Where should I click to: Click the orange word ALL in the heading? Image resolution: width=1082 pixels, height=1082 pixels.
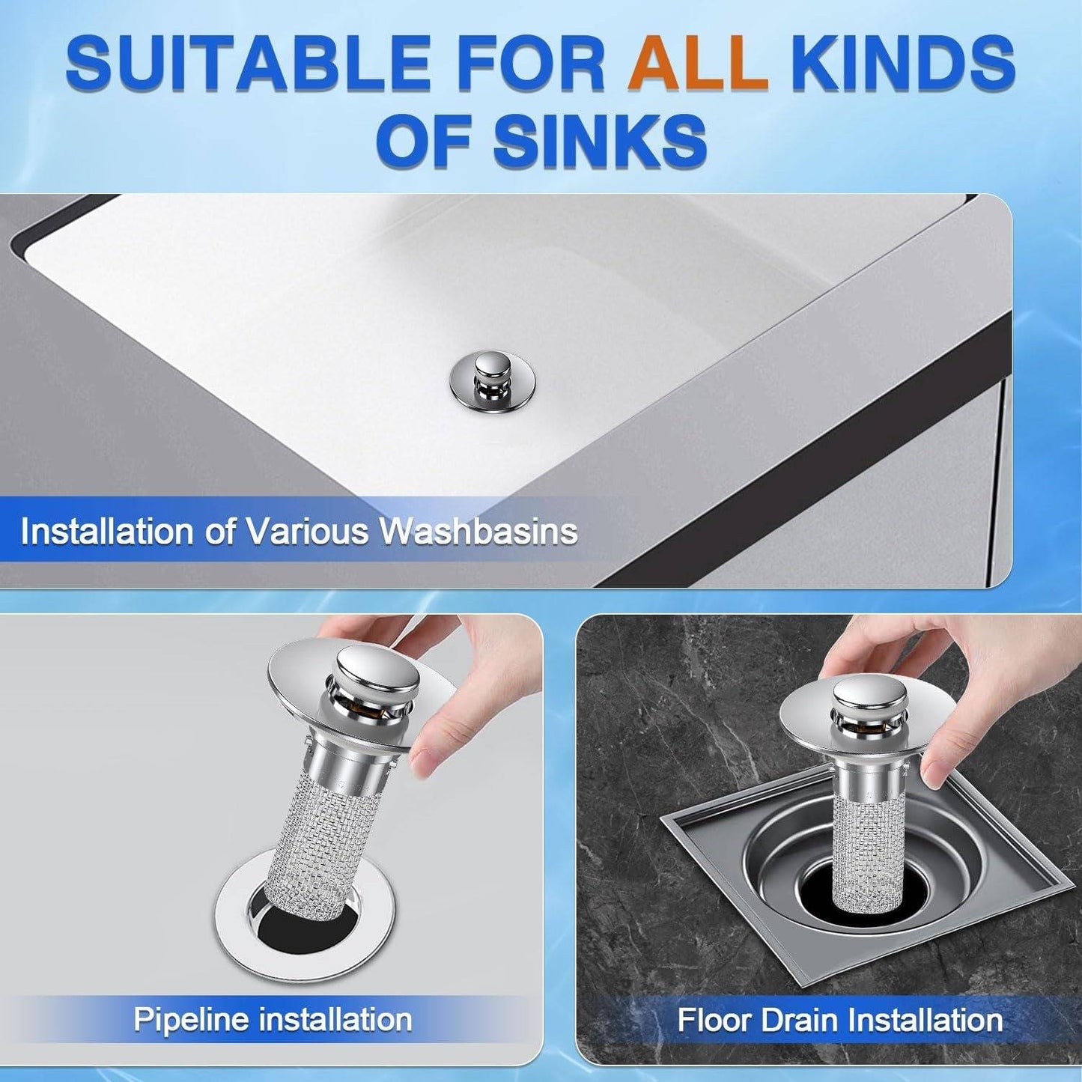698,63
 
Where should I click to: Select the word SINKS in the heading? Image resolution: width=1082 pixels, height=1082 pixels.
599,141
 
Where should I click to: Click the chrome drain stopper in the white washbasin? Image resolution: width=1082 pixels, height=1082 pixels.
492,381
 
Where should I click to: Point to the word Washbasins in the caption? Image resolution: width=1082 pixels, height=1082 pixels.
478,532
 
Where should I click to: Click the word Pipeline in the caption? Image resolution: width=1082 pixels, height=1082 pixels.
190,1020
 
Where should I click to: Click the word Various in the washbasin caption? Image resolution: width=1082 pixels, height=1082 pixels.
308,532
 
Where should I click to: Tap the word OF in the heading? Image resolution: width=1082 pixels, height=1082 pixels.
427,141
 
